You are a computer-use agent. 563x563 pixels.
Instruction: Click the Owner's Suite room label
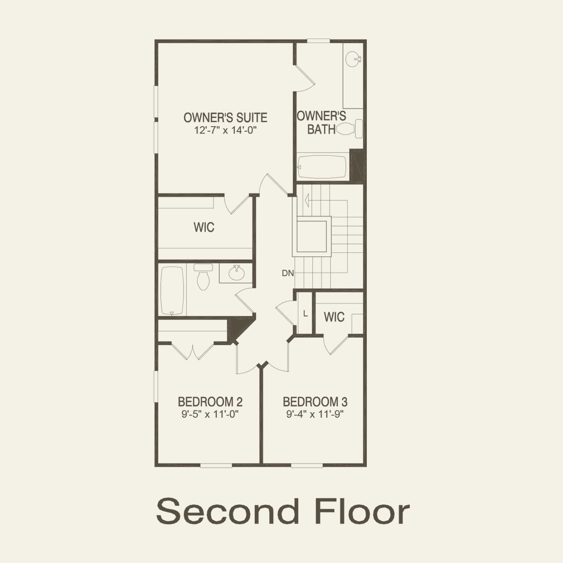point(225,118)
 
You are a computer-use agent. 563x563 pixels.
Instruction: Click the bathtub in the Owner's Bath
point(322,168)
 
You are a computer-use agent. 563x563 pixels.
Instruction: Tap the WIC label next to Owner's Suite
point(204,227)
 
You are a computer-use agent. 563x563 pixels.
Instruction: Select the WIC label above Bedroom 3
point(334,317)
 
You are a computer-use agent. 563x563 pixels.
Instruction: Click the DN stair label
point(288,273)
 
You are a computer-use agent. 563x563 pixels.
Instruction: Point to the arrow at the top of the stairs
point(307,199)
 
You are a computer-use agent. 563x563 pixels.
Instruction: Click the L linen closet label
point(305,314)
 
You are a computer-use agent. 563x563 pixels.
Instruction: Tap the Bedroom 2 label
point(210,402)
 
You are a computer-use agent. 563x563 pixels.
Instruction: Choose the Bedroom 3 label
point(315,402)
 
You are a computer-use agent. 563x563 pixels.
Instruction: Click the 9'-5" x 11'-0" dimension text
point(210,414)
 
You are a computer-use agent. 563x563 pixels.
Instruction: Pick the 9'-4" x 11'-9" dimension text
point(315,414)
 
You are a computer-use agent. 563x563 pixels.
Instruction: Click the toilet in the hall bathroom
point(202,277)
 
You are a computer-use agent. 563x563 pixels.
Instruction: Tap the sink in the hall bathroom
point(236,273)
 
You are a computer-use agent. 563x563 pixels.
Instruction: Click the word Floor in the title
point(362,511)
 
